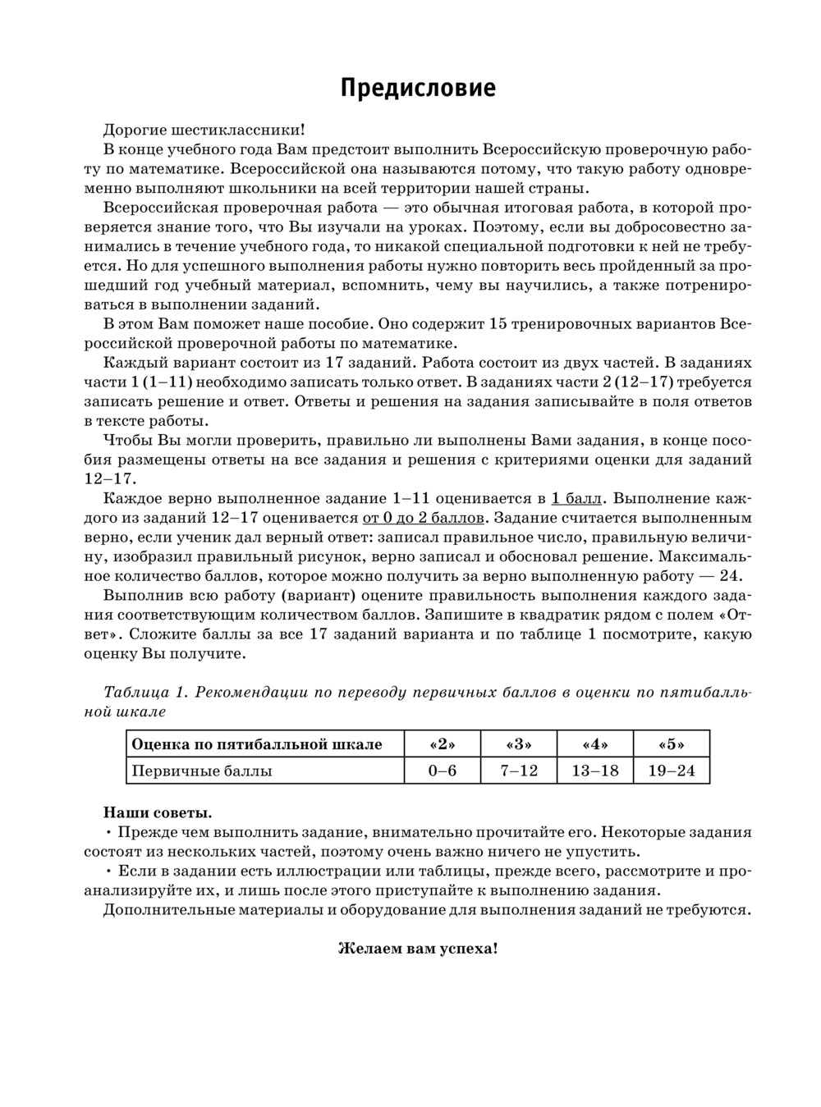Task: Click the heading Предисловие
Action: click(418, 89)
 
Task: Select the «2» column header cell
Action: click(443, 745)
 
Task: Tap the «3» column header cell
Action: click(518, 745)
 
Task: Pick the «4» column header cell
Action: click(594, 745)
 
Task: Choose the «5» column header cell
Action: click(671, 745)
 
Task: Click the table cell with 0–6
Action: click(443, 771)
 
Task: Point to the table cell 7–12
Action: click(518, 771)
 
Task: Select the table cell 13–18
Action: click(594, 771)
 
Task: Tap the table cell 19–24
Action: click(671, 771)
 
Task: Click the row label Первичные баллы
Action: click(202, 771)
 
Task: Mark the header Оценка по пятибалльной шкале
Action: click(257, 745)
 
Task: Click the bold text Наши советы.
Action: click(158, 812)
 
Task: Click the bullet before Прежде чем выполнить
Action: click(109, 832)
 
